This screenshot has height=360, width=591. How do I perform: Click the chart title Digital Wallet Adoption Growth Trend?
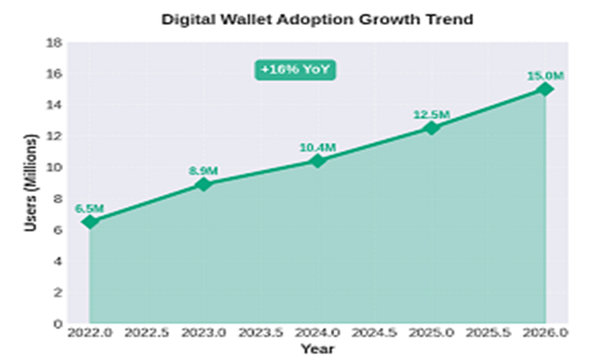point(317,19)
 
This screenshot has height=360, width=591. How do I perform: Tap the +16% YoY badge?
point(294,71)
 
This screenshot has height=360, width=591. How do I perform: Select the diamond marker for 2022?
point(90,222)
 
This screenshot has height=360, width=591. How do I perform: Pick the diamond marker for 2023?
point(204,184)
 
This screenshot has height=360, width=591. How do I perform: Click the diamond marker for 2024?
point(318,160)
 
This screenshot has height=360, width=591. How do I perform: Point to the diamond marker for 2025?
point(431,128)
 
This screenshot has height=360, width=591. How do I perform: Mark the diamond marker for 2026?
point(545,89)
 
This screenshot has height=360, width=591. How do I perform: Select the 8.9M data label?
point(204,170)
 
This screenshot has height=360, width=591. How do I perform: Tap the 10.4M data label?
point(318,147)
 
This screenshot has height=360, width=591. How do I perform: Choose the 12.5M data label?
point(431,114)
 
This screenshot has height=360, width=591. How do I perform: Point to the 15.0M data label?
point(545,76)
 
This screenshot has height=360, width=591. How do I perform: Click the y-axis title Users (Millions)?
point(30,182)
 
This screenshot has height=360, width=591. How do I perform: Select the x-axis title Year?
point(317,348)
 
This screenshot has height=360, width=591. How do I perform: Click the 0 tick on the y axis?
point(57,323)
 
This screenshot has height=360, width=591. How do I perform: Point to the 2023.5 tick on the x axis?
point(260,333)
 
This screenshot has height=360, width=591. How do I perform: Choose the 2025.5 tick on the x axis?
point(488,333)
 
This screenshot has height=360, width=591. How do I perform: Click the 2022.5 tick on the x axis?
point(146,333)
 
